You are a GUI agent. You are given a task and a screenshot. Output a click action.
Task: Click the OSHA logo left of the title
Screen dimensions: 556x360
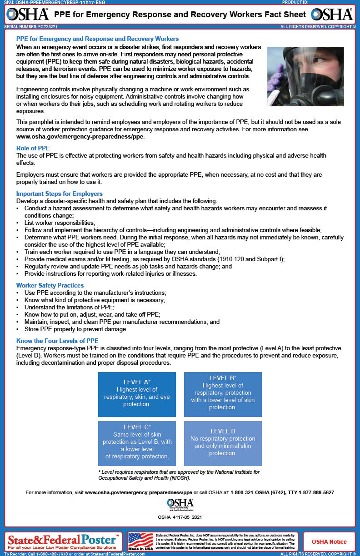(28, 14)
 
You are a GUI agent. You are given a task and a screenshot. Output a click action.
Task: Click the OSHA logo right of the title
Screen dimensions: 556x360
(332, 14)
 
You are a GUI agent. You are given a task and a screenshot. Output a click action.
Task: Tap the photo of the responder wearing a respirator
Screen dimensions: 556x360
(305, 76)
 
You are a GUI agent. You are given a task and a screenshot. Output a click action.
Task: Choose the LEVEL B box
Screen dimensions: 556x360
(223, 394)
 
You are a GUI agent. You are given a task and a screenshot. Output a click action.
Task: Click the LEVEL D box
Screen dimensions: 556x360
(223, 443)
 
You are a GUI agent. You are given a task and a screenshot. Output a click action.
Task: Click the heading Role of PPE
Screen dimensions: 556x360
(33, 148)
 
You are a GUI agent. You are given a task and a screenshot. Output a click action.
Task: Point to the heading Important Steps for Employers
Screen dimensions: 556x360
(60, 194)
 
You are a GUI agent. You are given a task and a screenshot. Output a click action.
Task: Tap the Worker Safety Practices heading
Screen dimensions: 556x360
(50, 285)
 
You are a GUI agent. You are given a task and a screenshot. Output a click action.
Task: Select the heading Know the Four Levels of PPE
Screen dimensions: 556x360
(57, 341)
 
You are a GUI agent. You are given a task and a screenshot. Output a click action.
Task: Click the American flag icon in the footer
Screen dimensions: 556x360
(141, 541)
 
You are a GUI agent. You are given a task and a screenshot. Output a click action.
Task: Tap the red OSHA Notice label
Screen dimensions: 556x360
(329, 541)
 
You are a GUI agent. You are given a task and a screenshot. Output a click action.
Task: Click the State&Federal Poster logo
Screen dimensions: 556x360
(63, 540)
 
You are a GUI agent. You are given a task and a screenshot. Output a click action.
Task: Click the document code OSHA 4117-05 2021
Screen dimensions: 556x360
(180, 517)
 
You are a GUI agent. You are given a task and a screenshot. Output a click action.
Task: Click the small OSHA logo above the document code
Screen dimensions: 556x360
(180, 503)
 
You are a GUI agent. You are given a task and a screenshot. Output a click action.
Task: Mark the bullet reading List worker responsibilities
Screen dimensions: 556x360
(60, 223)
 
